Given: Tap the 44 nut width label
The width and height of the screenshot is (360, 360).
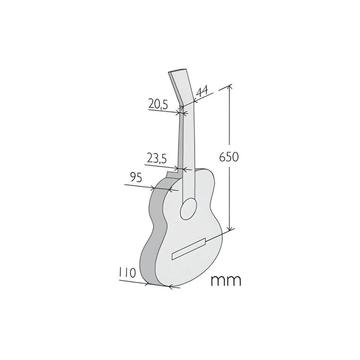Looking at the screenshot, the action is (x=202, y=91).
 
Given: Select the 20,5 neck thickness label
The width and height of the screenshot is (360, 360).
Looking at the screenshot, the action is (x=158, y=104).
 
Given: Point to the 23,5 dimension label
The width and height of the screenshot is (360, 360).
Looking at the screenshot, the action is (x=156, y=158).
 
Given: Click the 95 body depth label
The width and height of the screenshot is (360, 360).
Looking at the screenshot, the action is (x=136, y=177).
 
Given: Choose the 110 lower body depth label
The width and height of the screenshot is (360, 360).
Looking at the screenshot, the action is (x=127, y=273).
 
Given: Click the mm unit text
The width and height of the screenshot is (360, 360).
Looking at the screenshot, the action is (x=226, y=281).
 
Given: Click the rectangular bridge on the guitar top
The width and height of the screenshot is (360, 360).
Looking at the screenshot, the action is (x=188, y=249).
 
